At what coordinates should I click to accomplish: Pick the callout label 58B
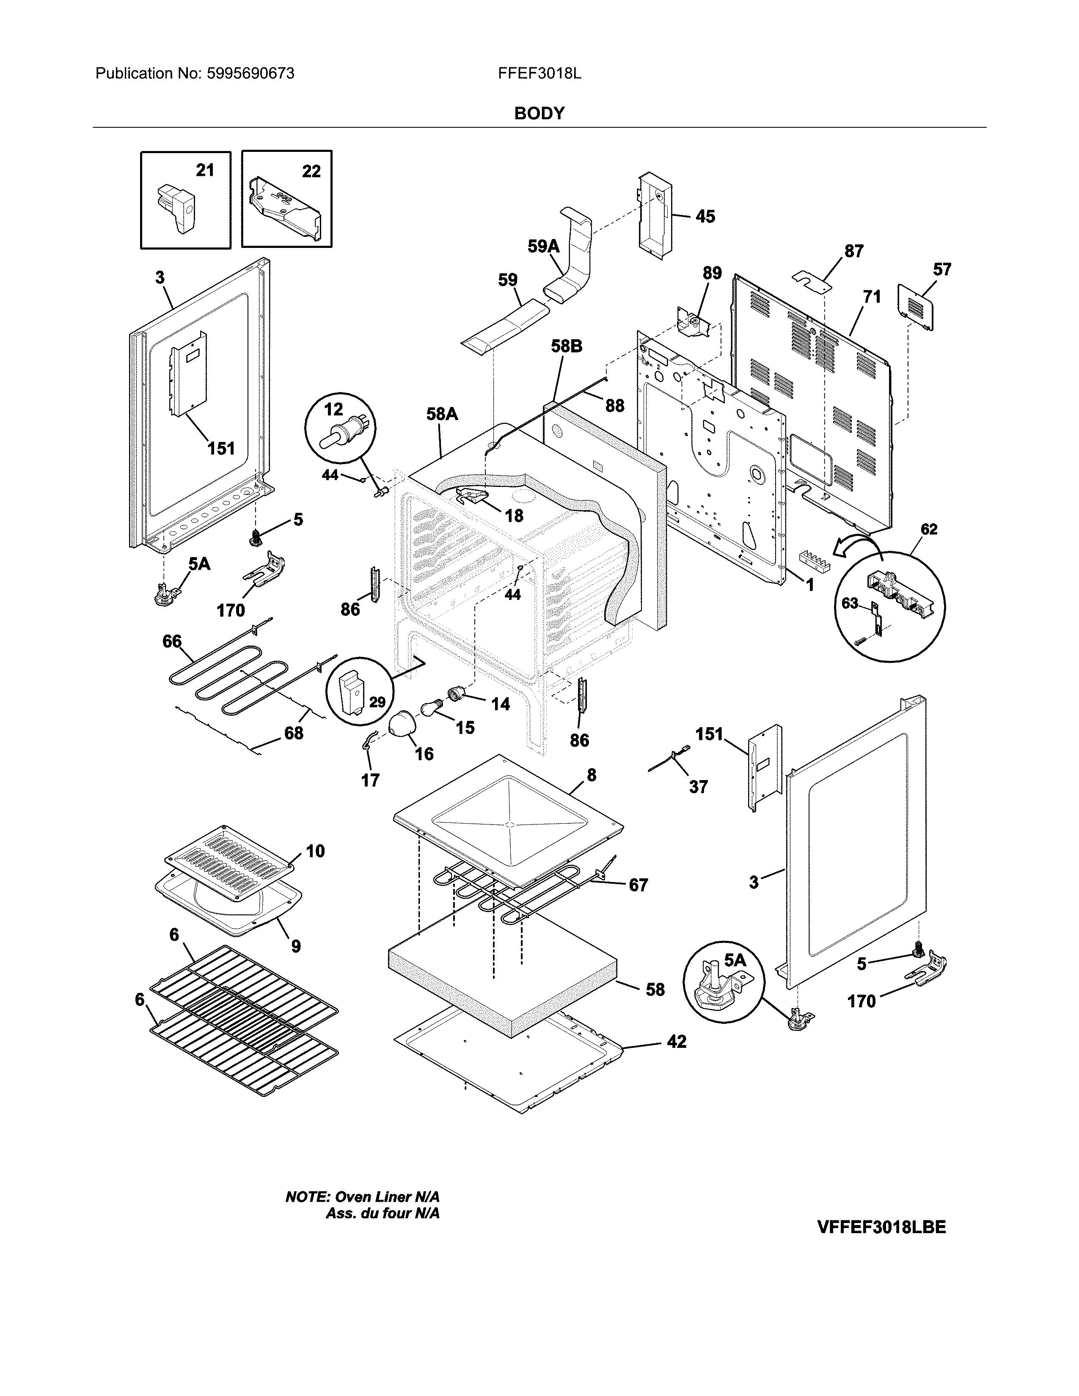pyautogui.click(x=566, y=346)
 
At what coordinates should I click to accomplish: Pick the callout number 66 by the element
pyautogui.click(x=171, y=641)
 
